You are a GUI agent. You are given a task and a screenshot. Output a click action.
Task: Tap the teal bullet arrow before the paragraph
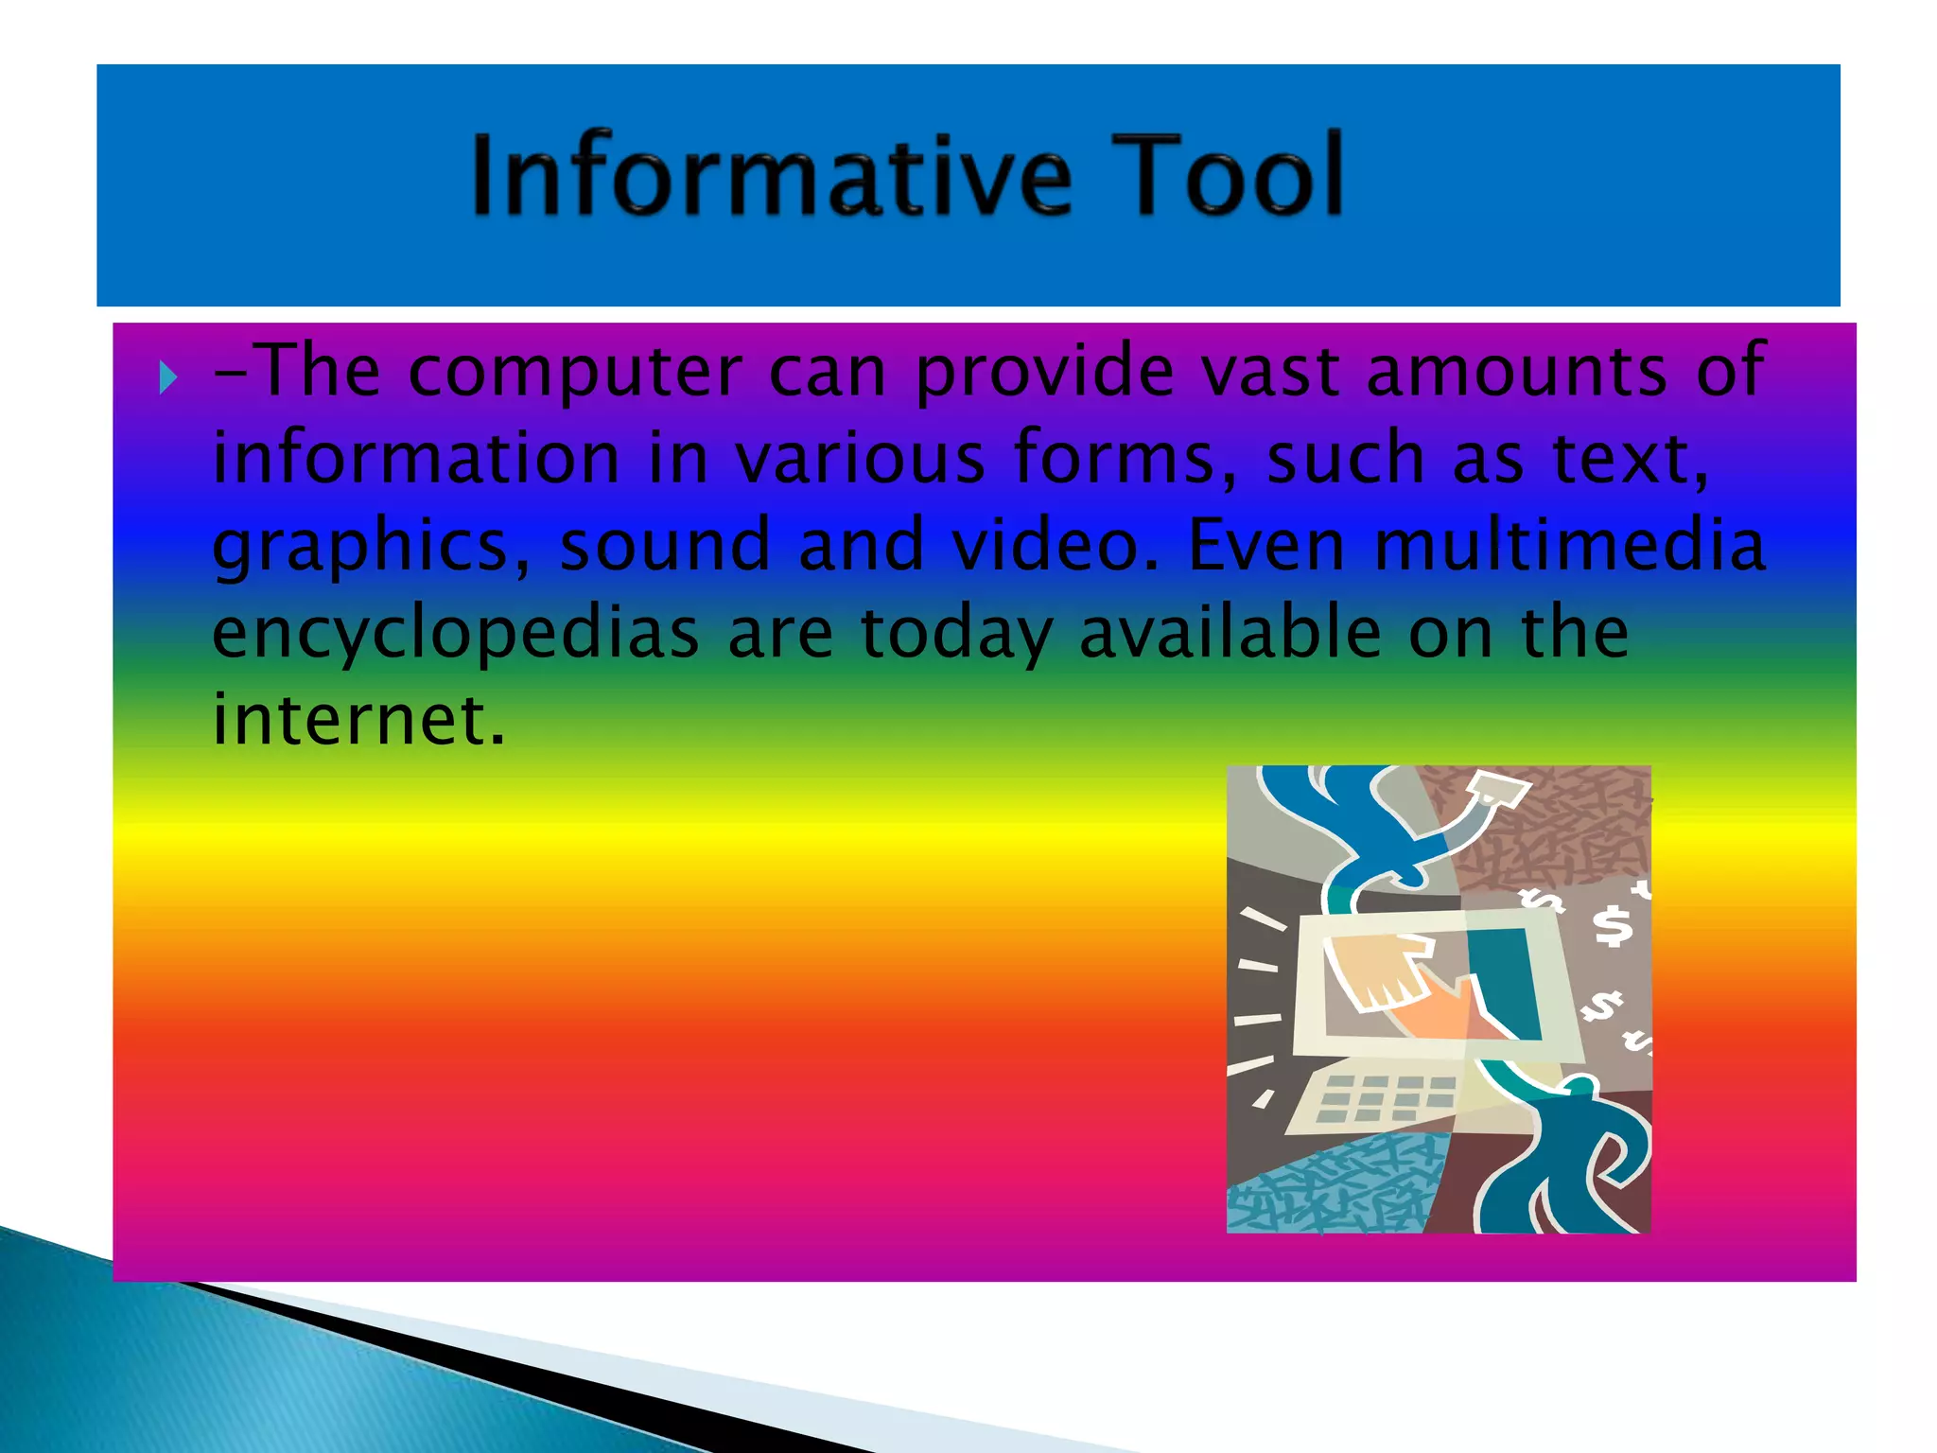(168, 378)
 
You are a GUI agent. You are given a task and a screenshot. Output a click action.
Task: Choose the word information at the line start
(416, 459)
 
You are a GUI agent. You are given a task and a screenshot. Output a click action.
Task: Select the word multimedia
(1570, 546)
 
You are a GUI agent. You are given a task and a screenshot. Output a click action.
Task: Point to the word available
(1230, 633)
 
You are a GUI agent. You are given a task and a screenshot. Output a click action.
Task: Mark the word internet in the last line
(358, 721)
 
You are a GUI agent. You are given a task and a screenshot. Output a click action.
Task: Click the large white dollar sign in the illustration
(1612, 926)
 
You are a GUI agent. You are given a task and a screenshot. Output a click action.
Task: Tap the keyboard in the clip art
(1376, 1102)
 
